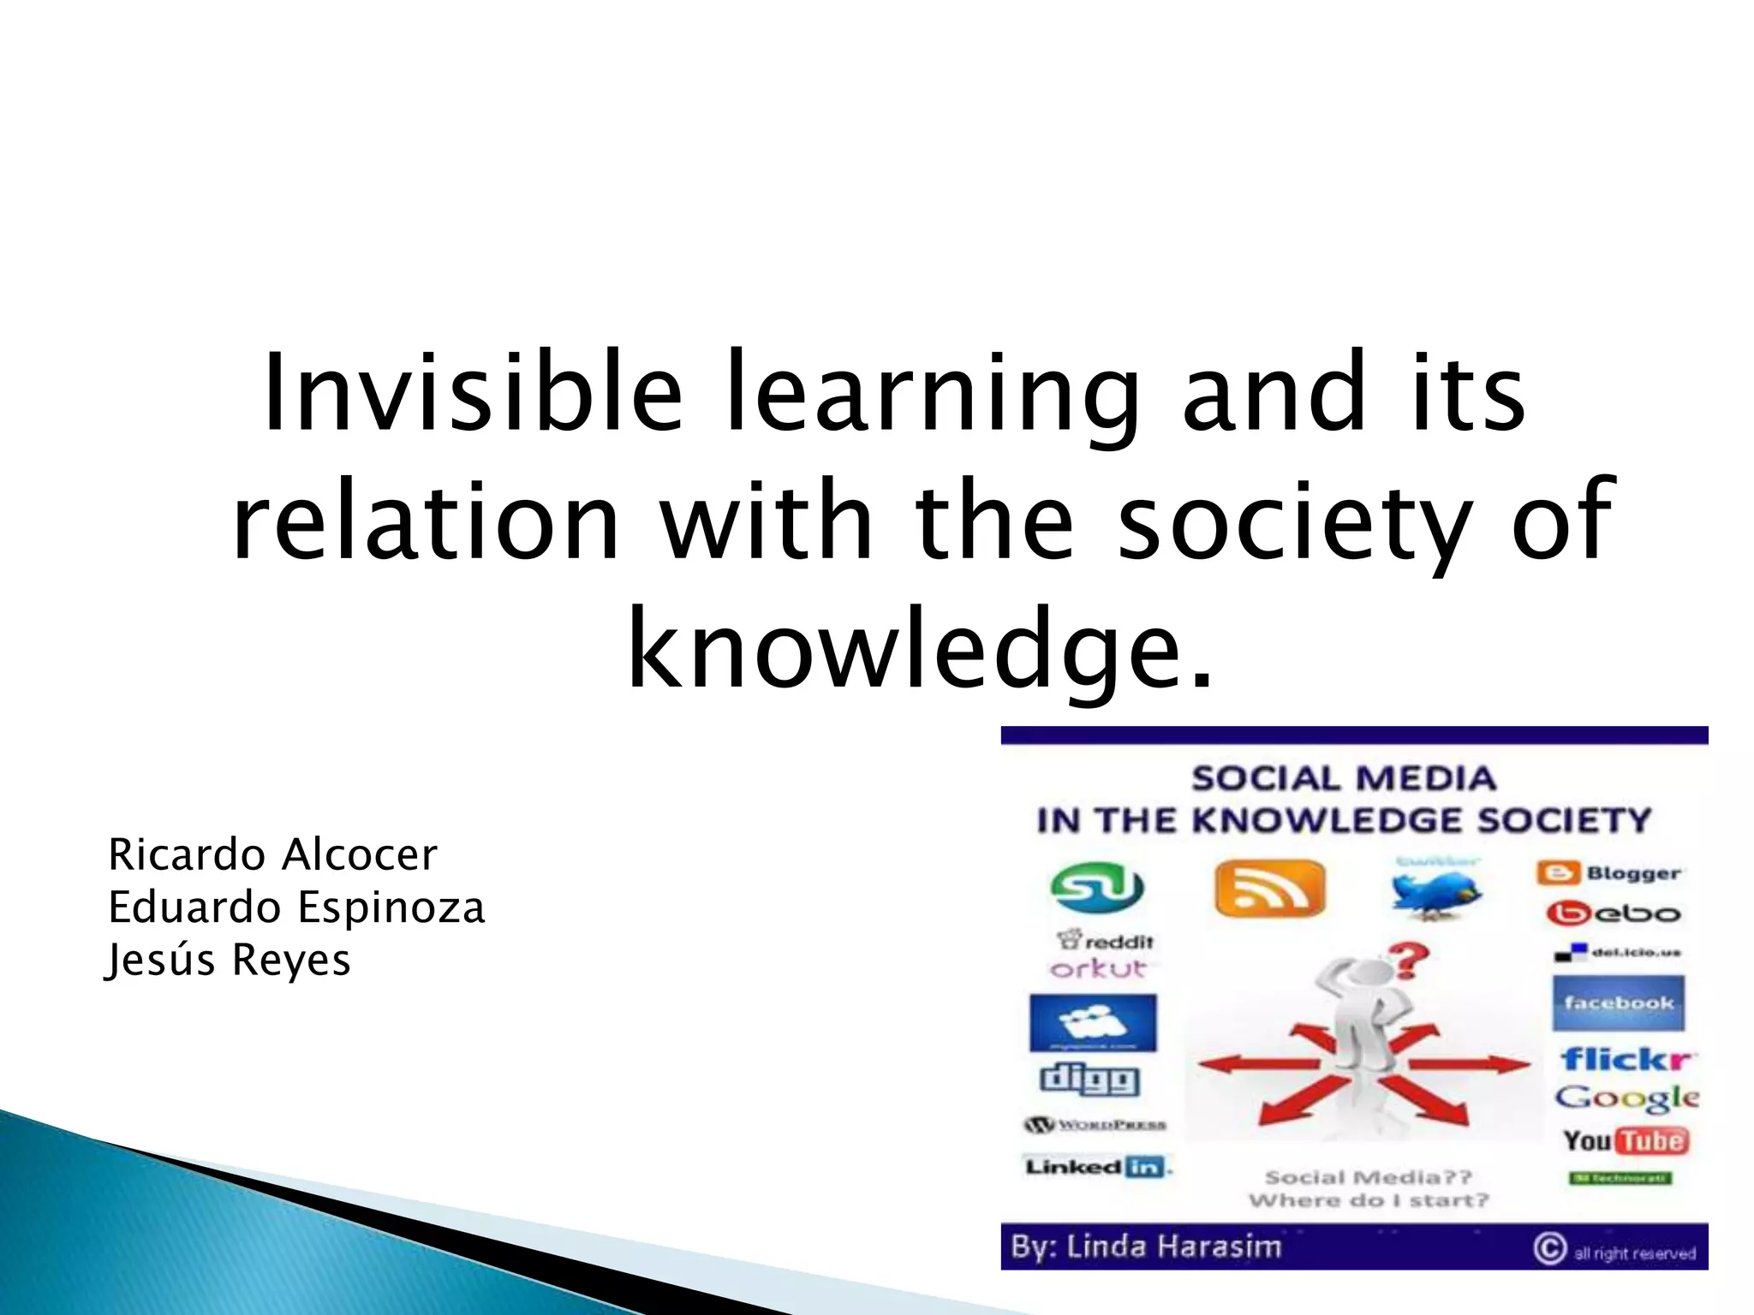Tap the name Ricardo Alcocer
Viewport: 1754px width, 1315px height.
pos(272,855)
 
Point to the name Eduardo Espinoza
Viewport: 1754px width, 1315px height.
pos(296,907)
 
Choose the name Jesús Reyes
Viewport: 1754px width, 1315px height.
pos(229,961)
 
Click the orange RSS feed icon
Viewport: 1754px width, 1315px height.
pos(1269,889)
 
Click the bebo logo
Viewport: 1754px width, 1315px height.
pos(1614,914)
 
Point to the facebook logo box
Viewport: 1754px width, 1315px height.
pos(1618,1003)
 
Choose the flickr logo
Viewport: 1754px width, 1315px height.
pos(1624,1060)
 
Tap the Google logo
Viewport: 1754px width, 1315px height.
pos(1626,1098)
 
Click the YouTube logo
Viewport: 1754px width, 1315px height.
pos(1625,1141)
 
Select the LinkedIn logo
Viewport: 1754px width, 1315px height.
pos(1097,1167)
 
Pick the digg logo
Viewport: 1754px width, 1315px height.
pos(1089,1080)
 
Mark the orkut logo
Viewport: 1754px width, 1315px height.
pos(1097,969)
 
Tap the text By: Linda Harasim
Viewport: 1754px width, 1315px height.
pos(1145,1247)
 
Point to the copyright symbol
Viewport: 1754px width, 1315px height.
pos(1549,1250)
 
